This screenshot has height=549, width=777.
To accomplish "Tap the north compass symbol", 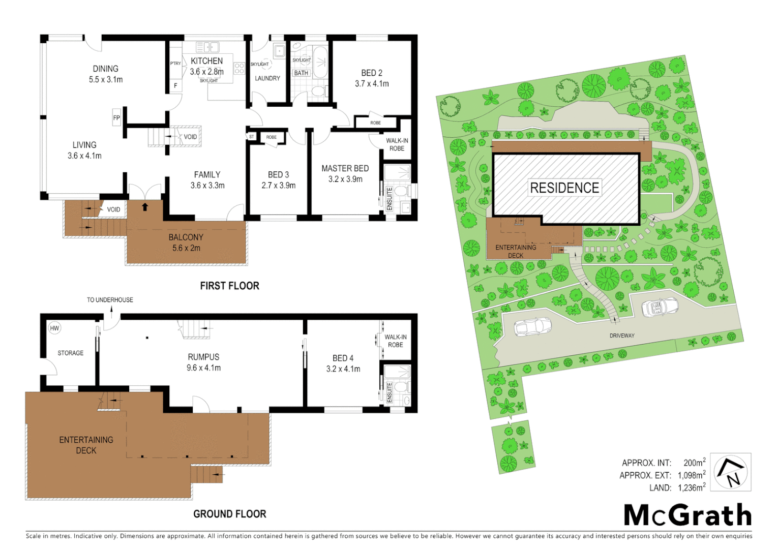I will [731, 472].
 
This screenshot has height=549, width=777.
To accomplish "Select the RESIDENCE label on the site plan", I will [564, 188].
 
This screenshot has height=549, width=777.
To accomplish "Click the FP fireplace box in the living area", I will [116, 118].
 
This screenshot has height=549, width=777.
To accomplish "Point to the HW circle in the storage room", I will [54, 328].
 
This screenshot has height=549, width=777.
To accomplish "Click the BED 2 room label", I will [372, 73].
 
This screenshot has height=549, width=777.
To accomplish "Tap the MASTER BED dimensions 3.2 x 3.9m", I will [345, 179].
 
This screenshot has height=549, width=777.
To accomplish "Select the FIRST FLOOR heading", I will [229, 286].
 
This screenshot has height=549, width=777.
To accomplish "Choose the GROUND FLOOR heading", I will [229, 514].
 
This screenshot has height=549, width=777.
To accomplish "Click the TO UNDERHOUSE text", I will [110, 300].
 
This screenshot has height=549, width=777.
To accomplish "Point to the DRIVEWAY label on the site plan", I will [622, 335].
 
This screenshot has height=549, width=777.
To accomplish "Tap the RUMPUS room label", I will [203, 357].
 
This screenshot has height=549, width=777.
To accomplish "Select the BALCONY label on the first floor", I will [186, 237].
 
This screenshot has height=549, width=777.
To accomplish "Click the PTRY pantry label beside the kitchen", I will [175, 64].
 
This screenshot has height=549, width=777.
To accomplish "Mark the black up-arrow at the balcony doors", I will [145, 207].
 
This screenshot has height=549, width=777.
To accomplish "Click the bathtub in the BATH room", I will [320, 63].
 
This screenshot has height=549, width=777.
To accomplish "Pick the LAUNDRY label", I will [267, 78].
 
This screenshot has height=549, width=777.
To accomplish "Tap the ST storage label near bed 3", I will [251, 137].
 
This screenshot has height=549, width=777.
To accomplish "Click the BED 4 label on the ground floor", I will [343, 358].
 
